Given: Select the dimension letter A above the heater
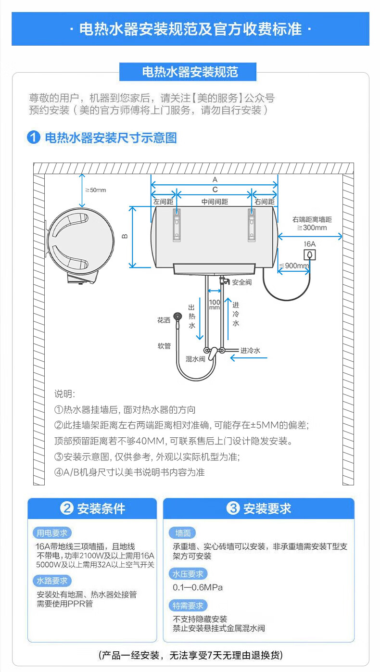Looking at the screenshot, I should (x=215, y=179).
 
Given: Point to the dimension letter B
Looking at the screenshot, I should (x=124, y=236).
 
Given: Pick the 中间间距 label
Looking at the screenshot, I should (x=215, y=202).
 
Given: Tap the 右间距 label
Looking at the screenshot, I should (x=265, y=202).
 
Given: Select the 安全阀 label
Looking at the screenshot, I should (x=241, y=282).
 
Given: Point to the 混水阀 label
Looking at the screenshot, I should (x=195, y=359).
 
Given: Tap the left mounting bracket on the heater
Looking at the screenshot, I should (x=177, y=225).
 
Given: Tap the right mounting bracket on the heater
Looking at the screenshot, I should (x=252, y=225).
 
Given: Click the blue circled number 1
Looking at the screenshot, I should (x=34, y=138).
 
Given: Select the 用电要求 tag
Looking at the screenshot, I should (x=52, y=533).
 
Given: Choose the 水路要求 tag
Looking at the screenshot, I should (x=52, y=581).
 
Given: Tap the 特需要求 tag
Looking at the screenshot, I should (x=188, y=606).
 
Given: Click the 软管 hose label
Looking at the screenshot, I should (x=164, y=346).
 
